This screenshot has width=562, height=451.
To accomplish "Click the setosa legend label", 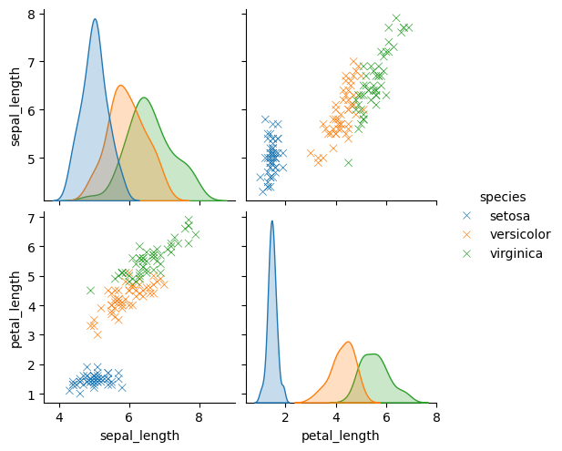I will pyautogui.click(x=509, y=215).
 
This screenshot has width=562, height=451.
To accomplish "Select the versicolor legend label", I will pyautogui.click(x=517, y=234).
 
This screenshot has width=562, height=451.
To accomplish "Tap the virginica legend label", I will pyautogui.click(x=516, y=253).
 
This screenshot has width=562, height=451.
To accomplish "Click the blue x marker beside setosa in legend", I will pyautogui.click(x=467, y=215).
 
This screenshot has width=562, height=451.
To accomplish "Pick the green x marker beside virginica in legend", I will pyautogui.click(x=467, y=253).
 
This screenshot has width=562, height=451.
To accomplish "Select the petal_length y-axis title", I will pyautogui.click(x=15, y=307).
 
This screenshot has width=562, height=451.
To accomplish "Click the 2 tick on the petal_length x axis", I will pyautogui.click(x=285, y=417).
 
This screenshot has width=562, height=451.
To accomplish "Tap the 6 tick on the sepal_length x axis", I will pyautogui.click(x=129, y=417).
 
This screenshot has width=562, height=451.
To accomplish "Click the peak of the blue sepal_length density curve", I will pyautogui.click(x=95, y=19).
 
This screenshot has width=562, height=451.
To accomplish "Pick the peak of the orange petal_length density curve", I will pyautogui.click(x=347, y=343).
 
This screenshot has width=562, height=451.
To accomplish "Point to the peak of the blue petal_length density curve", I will pyautogui.click(x=271, y=220).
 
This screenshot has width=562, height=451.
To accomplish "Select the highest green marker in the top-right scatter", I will pyautogui.click(x=396, y=17).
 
